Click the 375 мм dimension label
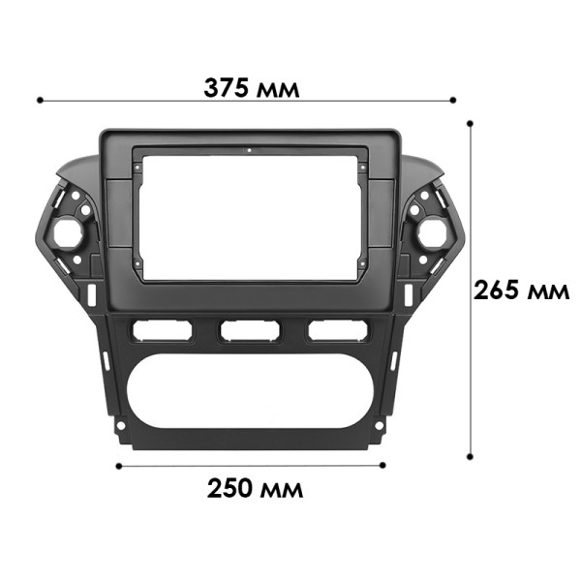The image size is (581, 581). pyautogui.click(x=251, y=88)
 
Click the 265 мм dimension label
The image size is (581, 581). pyautogui.click(x=521, y=290)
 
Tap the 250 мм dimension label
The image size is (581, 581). pyautogui.click(x=255, y=488)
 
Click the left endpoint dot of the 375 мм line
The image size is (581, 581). pyautogui.click(x=39, y=99)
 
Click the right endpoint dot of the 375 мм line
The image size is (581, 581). pyautogui.click(x=453, y=99)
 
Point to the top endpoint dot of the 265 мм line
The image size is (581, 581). pyautogui.click(x=470, y=124)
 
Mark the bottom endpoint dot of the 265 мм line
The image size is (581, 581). pyautogui.click(x=470, y=457)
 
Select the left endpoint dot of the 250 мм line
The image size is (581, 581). pyautogui.click(x=118, y=466)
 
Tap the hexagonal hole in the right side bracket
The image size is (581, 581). pyautogui.click(x=429, y=232)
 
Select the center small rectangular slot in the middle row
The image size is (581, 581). pyautogui.click(x=249, y=331)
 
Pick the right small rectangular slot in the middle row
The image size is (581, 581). pyautogui.click(x=337, y=331)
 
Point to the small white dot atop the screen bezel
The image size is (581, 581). pyautogui.click(x=248, y=151)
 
